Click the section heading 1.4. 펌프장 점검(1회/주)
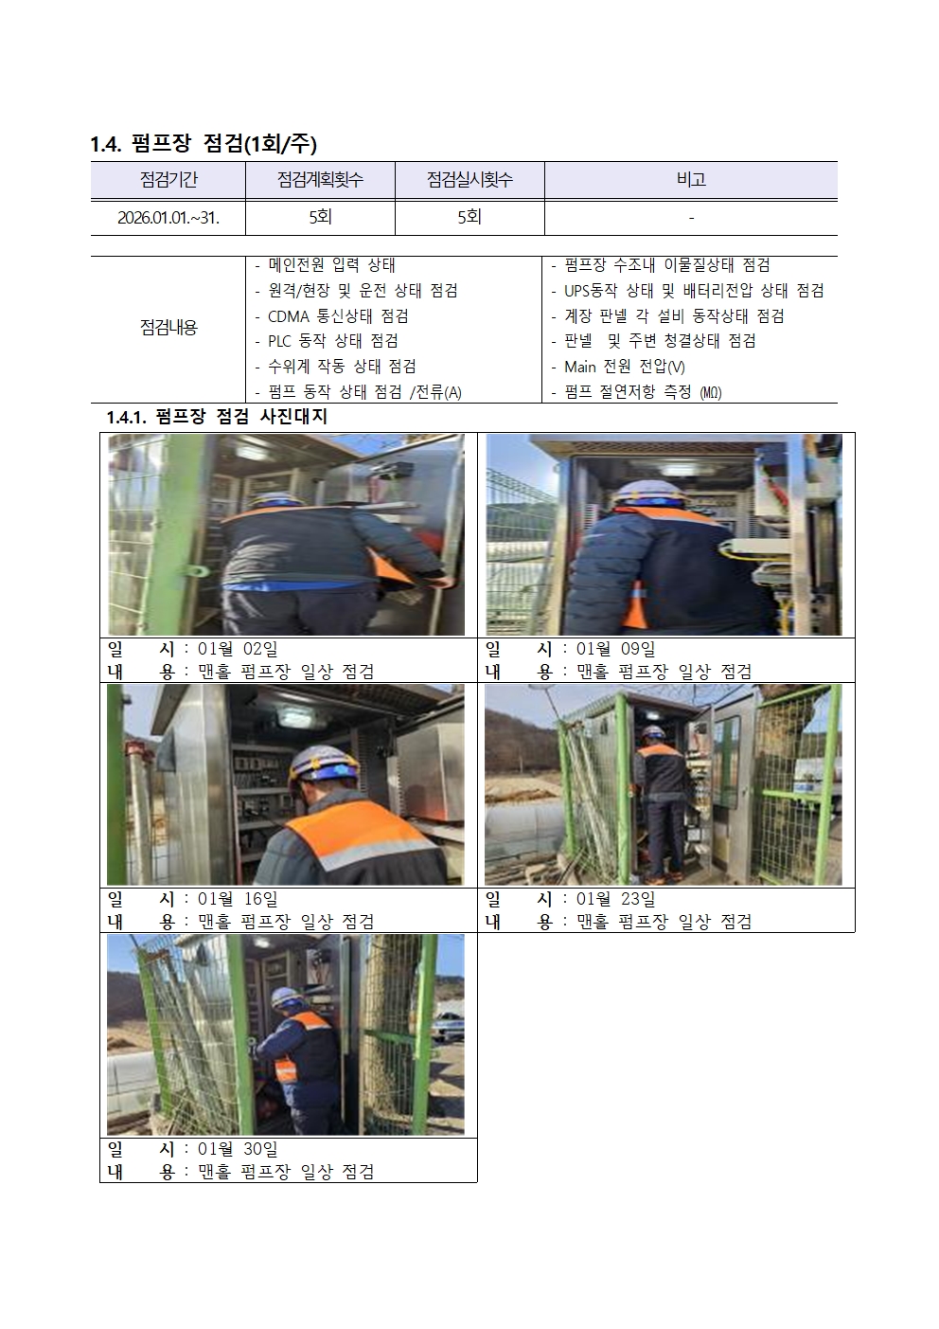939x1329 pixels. coord(204,144)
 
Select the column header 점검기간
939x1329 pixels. coord(168,180)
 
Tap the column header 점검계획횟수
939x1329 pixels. coord(320,180)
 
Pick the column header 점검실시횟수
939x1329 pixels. coord(469,180)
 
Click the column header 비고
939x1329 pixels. coord(691,180)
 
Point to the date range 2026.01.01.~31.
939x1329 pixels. coord(168,218)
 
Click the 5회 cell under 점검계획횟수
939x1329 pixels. coord(320,217)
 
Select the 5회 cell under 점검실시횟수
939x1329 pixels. coord(469,217)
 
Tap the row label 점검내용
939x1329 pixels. coord(168,328)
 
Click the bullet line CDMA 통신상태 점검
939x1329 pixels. coord(332,316)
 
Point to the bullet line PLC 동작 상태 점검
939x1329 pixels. coord(327,341)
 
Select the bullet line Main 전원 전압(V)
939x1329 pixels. coord(618,368)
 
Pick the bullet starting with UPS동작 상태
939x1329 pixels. coord(687,291)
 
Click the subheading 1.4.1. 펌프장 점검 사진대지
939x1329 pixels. coord(217,417)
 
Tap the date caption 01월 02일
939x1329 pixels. coord(238,649)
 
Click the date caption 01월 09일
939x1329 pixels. coord(616,649)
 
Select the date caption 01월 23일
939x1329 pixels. coord(616,900)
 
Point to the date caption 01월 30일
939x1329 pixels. coord(238,1149)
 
